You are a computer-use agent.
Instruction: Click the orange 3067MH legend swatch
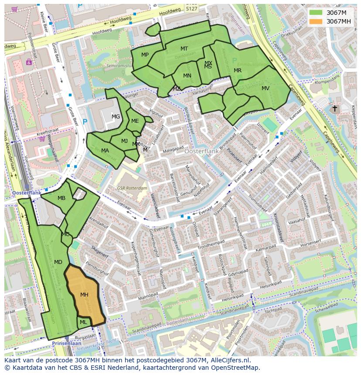pos(316,21)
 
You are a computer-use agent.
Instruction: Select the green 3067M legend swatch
pos(316,13)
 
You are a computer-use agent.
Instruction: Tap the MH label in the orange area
pos(84,295)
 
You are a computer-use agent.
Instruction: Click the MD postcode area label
pos(58,262)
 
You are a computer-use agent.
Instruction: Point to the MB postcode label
pos(61,198)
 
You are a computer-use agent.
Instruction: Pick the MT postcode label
pos(184,49)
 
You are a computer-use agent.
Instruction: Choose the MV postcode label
pos(266,88)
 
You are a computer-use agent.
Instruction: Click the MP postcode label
pos(145,54)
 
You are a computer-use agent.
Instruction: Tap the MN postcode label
pos(187,76)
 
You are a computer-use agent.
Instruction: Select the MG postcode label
pos(116,116)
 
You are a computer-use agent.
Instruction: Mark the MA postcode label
pos(105,151)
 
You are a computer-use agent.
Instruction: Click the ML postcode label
pos(83,322)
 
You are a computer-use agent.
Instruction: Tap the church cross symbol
pos(335,108)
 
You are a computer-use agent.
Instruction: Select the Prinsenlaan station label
pos(65,343)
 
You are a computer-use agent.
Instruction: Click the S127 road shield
pos(191,8)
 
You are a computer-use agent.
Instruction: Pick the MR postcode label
pos(238,71)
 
